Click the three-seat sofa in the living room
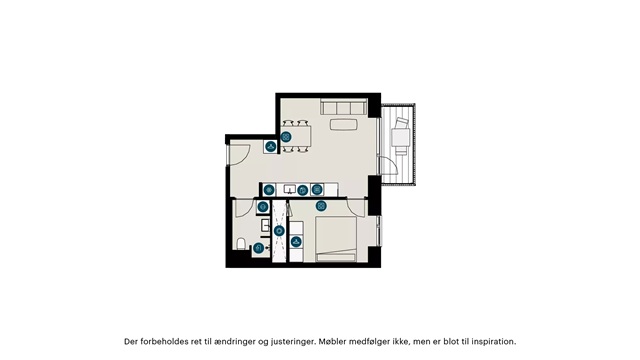[344, 107]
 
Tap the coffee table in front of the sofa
[344, 124]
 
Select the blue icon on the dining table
[286, 137]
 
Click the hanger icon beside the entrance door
[270, 146]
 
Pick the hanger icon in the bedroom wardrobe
[296, 242]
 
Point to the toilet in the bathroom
[241, 244]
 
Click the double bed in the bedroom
[336, 239]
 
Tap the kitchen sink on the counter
[290, 189]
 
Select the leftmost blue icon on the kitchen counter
[269, 190]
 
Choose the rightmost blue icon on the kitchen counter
[317, 189]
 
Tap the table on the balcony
[401, 137]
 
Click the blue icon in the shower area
[279, 231]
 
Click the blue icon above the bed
[322, 206]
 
